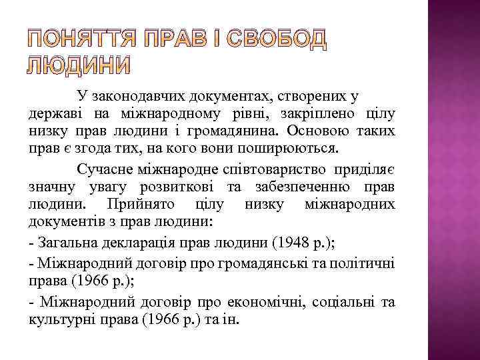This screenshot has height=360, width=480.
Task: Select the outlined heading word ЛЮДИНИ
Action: (x=79, y=65)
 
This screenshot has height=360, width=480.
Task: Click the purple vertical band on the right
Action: (x=453, y=180)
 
